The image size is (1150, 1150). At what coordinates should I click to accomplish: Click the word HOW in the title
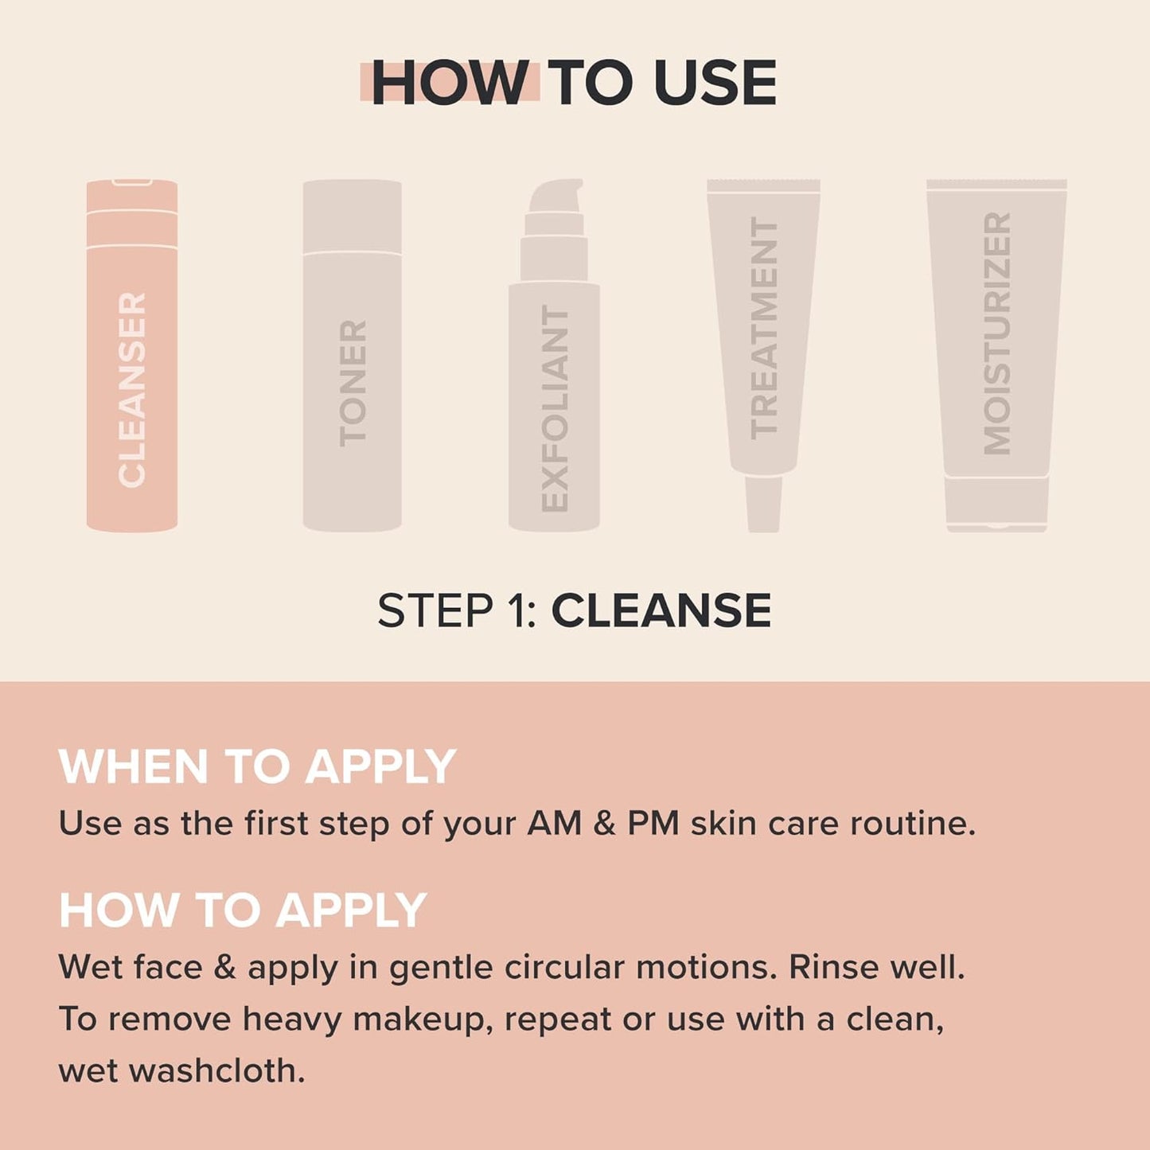(x=450, y=83)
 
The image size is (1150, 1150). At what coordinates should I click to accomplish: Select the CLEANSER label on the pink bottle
(x=132, y=390)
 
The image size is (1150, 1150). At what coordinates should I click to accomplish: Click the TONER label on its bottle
(x=353, y=382)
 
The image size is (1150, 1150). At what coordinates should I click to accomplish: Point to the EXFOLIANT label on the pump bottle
(x=555, y=408)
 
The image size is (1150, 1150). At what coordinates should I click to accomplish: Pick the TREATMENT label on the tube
(x=764, y=328)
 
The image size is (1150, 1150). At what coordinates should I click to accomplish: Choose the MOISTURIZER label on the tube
(x=996, y=333)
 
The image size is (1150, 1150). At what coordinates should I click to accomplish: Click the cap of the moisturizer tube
(x=996, y=503)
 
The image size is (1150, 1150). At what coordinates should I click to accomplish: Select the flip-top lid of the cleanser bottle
(x=132, y=196)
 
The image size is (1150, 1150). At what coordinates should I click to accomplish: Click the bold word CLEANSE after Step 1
(x=661, y=611)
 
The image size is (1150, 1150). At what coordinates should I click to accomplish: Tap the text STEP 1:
(x=457, y=611)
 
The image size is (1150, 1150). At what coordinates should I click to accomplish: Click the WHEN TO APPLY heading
(x=257, y=766)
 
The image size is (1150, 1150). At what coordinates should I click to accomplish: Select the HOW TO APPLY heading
(x=243, y=910)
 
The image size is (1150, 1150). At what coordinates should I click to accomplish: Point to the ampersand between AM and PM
(x=604, y=824)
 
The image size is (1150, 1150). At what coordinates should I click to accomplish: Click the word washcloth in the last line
(x=217, y=1071)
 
